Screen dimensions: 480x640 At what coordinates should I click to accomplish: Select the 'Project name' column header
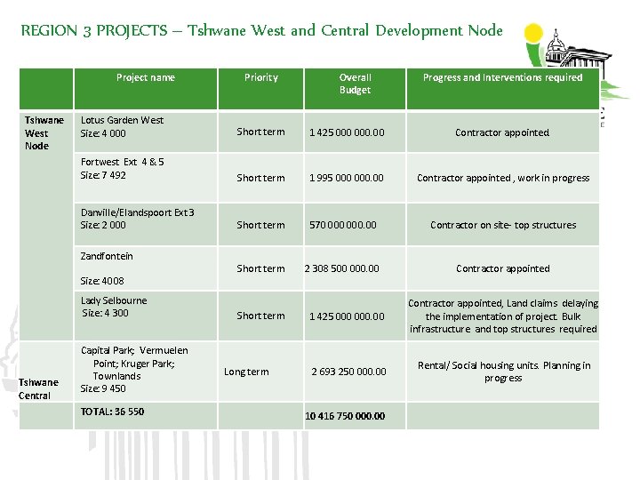[x=145, y=77]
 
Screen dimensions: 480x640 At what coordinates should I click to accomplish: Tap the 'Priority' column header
[x=260, y=77]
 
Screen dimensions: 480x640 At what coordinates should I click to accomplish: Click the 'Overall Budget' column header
[x=355, y=84]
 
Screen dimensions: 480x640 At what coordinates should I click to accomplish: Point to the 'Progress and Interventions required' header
[x=502, y=77]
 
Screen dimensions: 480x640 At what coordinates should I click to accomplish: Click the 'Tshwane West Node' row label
[x=44, y=132]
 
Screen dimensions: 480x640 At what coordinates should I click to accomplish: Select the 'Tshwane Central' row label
[x=36, y=388]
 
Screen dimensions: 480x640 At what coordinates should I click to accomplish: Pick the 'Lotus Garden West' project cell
[x=122, y=126]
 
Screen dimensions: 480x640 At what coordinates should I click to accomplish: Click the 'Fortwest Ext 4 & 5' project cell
[x=122, y=168]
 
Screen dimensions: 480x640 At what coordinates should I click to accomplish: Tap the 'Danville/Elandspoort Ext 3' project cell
[x=137, y=219]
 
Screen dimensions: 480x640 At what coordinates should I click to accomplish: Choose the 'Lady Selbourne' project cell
[x=114, y=307]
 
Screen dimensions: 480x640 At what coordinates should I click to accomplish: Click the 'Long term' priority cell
[x=245, y=372]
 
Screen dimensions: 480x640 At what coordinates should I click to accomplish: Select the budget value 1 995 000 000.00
[x=346, y=178]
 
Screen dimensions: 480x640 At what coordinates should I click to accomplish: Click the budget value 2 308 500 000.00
[x=341, y=268]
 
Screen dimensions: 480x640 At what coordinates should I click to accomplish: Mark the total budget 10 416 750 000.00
[x=345, y=416]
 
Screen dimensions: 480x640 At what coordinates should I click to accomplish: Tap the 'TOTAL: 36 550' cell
[x=112, y=412]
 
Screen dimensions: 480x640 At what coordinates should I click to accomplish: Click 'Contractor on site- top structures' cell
[x=502, y=225]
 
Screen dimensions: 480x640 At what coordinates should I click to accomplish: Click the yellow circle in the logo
[x=533, y=35]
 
